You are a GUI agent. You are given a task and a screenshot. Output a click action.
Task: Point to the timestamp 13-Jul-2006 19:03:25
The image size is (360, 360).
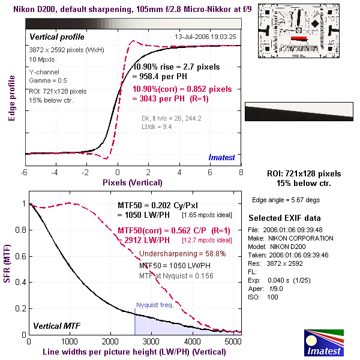[205, 37]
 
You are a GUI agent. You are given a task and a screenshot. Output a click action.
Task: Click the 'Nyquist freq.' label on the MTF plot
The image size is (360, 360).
[154, 305]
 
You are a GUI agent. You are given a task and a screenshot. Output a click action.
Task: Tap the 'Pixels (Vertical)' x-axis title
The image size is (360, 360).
[133, 182]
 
